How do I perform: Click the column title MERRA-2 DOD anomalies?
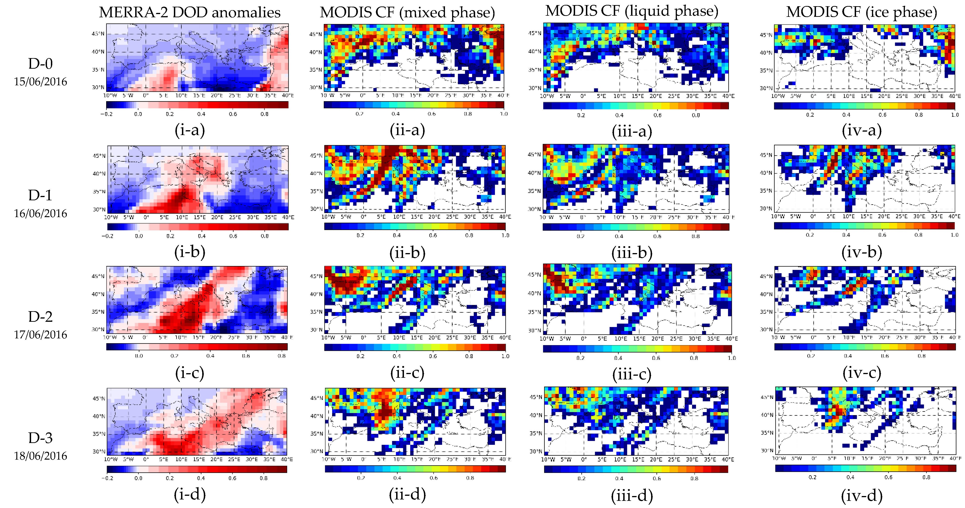click(190, 12)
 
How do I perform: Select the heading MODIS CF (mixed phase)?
click(407, 12)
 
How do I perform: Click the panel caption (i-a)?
click(190, 130)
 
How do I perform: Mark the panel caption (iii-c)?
click(632, 374)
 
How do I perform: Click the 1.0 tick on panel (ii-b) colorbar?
click(505, 235)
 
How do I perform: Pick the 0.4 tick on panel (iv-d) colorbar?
click(850, 477)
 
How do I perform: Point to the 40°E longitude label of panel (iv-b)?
click(954, 216)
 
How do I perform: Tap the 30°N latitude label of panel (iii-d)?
click(536, 451)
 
